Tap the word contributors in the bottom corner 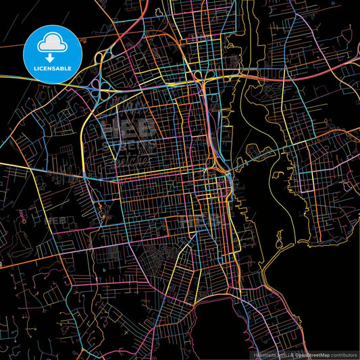pos(342,355)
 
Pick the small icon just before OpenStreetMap pos(292,355)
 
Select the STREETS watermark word pos(128,144)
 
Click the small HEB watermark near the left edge pos(55,220)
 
